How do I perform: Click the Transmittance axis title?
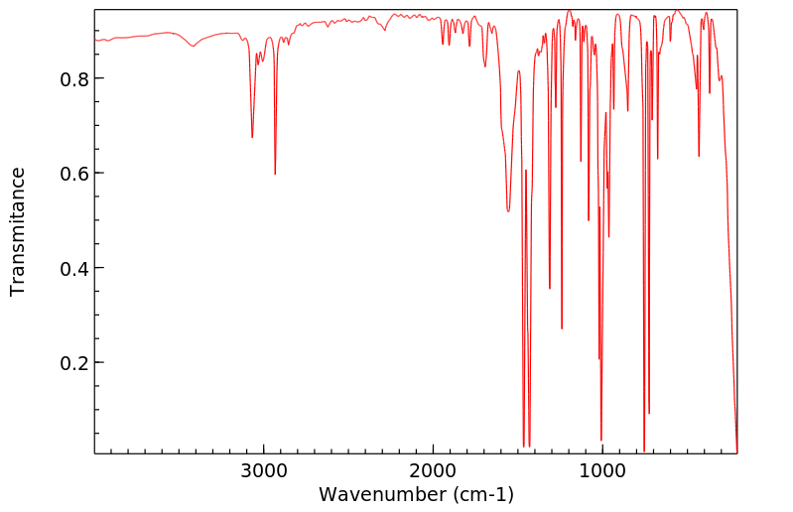coord(18,231)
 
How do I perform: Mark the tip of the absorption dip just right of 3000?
coord(275,174)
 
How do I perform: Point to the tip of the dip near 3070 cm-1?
coord(252,137)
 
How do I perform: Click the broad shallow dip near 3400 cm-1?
coord(194,46)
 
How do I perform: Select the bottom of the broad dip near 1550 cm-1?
coord(508,211)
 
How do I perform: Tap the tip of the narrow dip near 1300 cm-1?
coord(550,289)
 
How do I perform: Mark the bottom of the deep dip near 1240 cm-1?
coord(562,328)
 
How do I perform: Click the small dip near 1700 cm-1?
coord(484,66)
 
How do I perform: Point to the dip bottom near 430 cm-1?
coord(699,156)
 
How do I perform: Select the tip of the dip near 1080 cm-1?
coord(589,220)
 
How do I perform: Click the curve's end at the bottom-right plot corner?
coord(736,451)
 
